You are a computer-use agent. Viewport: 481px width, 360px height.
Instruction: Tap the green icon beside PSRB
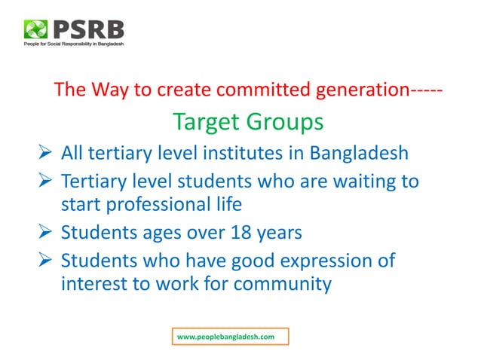point(35,31)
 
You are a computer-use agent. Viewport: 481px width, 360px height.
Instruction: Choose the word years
point(277,232)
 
